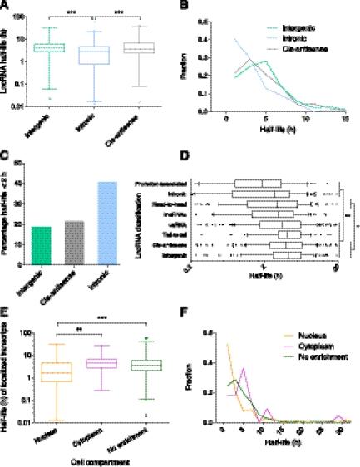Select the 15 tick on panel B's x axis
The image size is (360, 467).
tap(343, 120)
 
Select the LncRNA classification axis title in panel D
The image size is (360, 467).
tap(177, 220)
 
